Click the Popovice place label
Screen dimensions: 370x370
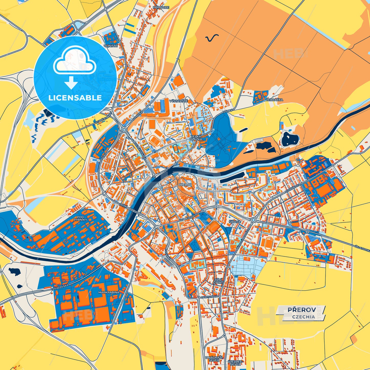pos(161,7)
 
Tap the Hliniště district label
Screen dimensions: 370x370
pos(110,46)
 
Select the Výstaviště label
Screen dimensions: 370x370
pos(178,101)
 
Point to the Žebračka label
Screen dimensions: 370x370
pos(274,100)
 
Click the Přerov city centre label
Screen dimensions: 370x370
pos(185,185)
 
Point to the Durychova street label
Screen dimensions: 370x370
pos(209,297)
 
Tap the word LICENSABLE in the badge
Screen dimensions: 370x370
pos(75,98)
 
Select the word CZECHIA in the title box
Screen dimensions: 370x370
pos(303,316)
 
